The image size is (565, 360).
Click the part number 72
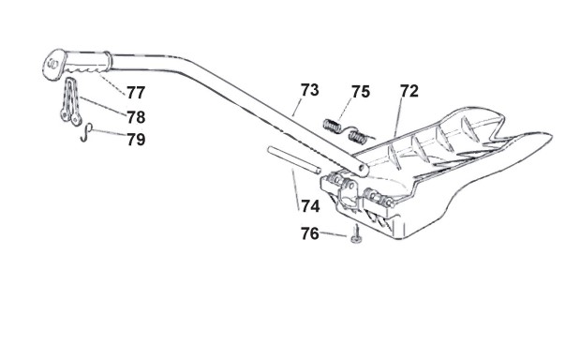[409, 91]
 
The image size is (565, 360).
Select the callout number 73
[309, 90]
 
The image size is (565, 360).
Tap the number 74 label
[310, 206]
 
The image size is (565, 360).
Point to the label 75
[361, 92]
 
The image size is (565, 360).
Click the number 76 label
[310, 233]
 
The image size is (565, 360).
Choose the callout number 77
[136, 93]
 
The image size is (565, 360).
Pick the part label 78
[136, 117]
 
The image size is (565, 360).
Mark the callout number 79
[136, 140]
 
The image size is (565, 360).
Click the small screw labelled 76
[356, 234]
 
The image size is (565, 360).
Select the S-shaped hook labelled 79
[86, 132]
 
